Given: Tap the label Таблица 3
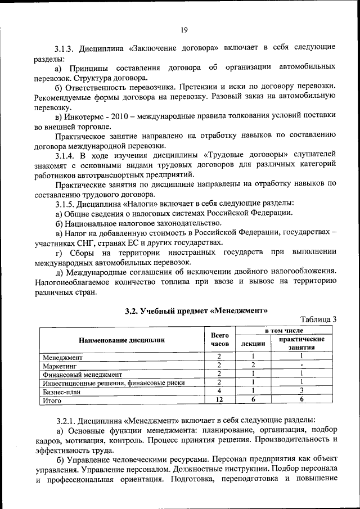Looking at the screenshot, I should click(x=318, y=319).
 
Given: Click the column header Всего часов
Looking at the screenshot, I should click(x=220, y=339).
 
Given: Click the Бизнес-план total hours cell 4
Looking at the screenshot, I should click(x=220, y=392).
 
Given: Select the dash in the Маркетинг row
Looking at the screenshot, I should click(x=301, y=366).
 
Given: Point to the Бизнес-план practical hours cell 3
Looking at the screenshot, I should click(x=301, y=392).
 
